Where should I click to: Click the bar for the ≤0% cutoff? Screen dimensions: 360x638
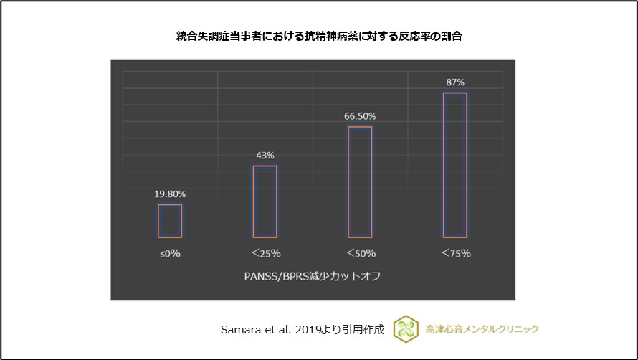(x=170, y=221)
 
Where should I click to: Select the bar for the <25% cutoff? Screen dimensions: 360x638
(x=265, y=202)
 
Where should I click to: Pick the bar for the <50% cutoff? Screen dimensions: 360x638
(x=360, y=182)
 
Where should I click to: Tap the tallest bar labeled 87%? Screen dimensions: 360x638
(x=455, y=165)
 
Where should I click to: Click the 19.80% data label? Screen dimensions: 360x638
(x=170, y=194)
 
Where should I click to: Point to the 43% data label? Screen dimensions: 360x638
(x=265, y=155)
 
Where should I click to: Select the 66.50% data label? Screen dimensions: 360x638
(x=360, y=116)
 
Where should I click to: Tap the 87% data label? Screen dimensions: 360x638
(x=455, y=82)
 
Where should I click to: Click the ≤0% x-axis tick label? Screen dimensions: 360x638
(x=170, y=253)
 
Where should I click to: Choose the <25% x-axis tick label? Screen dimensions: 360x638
(x=265, y=253)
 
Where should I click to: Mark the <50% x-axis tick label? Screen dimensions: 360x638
(x=360, y=253)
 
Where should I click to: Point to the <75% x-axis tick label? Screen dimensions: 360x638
(x=455, y=253)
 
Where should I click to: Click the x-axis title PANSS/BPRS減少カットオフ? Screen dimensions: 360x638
(x=313, y=275)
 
